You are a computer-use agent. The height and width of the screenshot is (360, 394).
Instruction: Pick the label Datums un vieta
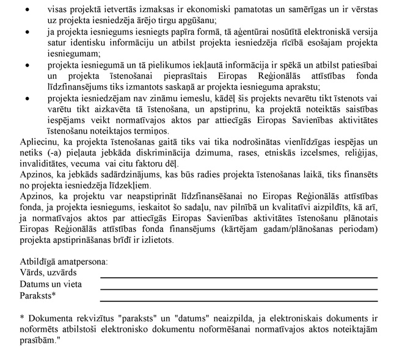[x=51, y=284]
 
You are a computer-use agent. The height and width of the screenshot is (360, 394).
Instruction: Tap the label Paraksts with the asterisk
[x=38, y=296]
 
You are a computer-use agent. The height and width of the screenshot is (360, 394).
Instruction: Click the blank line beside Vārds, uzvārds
[x=238, y=278]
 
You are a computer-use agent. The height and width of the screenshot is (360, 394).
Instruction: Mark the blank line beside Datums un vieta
[x=238, y=289]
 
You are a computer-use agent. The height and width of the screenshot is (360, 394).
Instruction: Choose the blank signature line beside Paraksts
[x=238, y=300]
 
